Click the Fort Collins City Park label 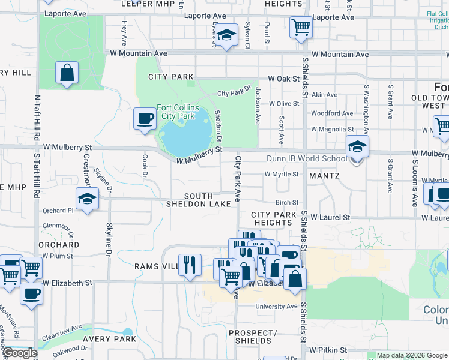click(178, 111)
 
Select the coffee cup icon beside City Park click(145, 118)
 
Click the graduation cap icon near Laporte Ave click(227, 35)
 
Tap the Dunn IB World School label click(307, 159)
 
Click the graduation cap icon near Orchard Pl click(87, 199)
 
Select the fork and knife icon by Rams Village click(190, 265)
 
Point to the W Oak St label click(283, 79)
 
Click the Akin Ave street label click(324, 95)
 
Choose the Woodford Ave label click(327, 113)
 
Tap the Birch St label click(287, 203)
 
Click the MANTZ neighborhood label click(324, 176)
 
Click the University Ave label click(276, 307)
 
